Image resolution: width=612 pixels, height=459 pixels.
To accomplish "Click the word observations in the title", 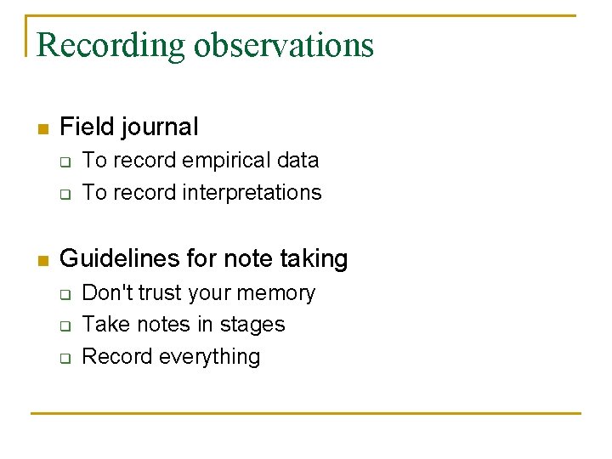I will pyautogui.click(x=284, y=44).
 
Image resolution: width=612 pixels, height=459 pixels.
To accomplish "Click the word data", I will pyautogui.click(x=297, y=160).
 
